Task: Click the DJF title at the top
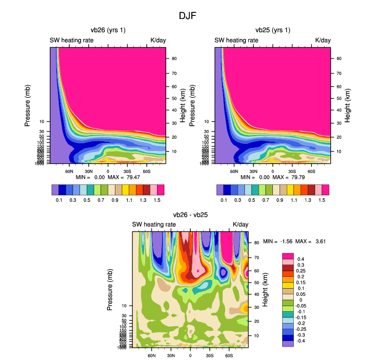(x=188, y=15)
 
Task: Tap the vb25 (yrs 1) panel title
(x=272, y=30)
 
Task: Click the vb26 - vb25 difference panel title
(x=190, y=215)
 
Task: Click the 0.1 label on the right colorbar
(x=224, y=199)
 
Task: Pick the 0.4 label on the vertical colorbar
(x=301, y=259)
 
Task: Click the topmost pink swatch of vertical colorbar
(x=288, y=255)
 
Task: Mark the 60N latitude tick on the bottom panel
(x=152, y=355)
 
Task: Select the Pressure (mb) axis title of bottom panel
(x=110, y=289)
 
